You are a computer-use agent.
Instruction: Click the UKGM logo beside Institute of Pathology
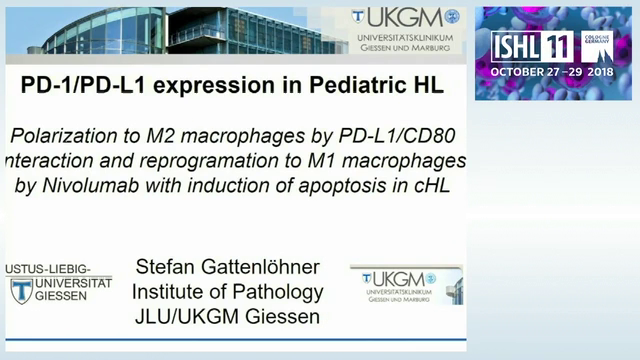point(404,284)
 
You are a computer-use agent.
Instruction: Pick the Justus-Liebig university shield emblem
point(21,291)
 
